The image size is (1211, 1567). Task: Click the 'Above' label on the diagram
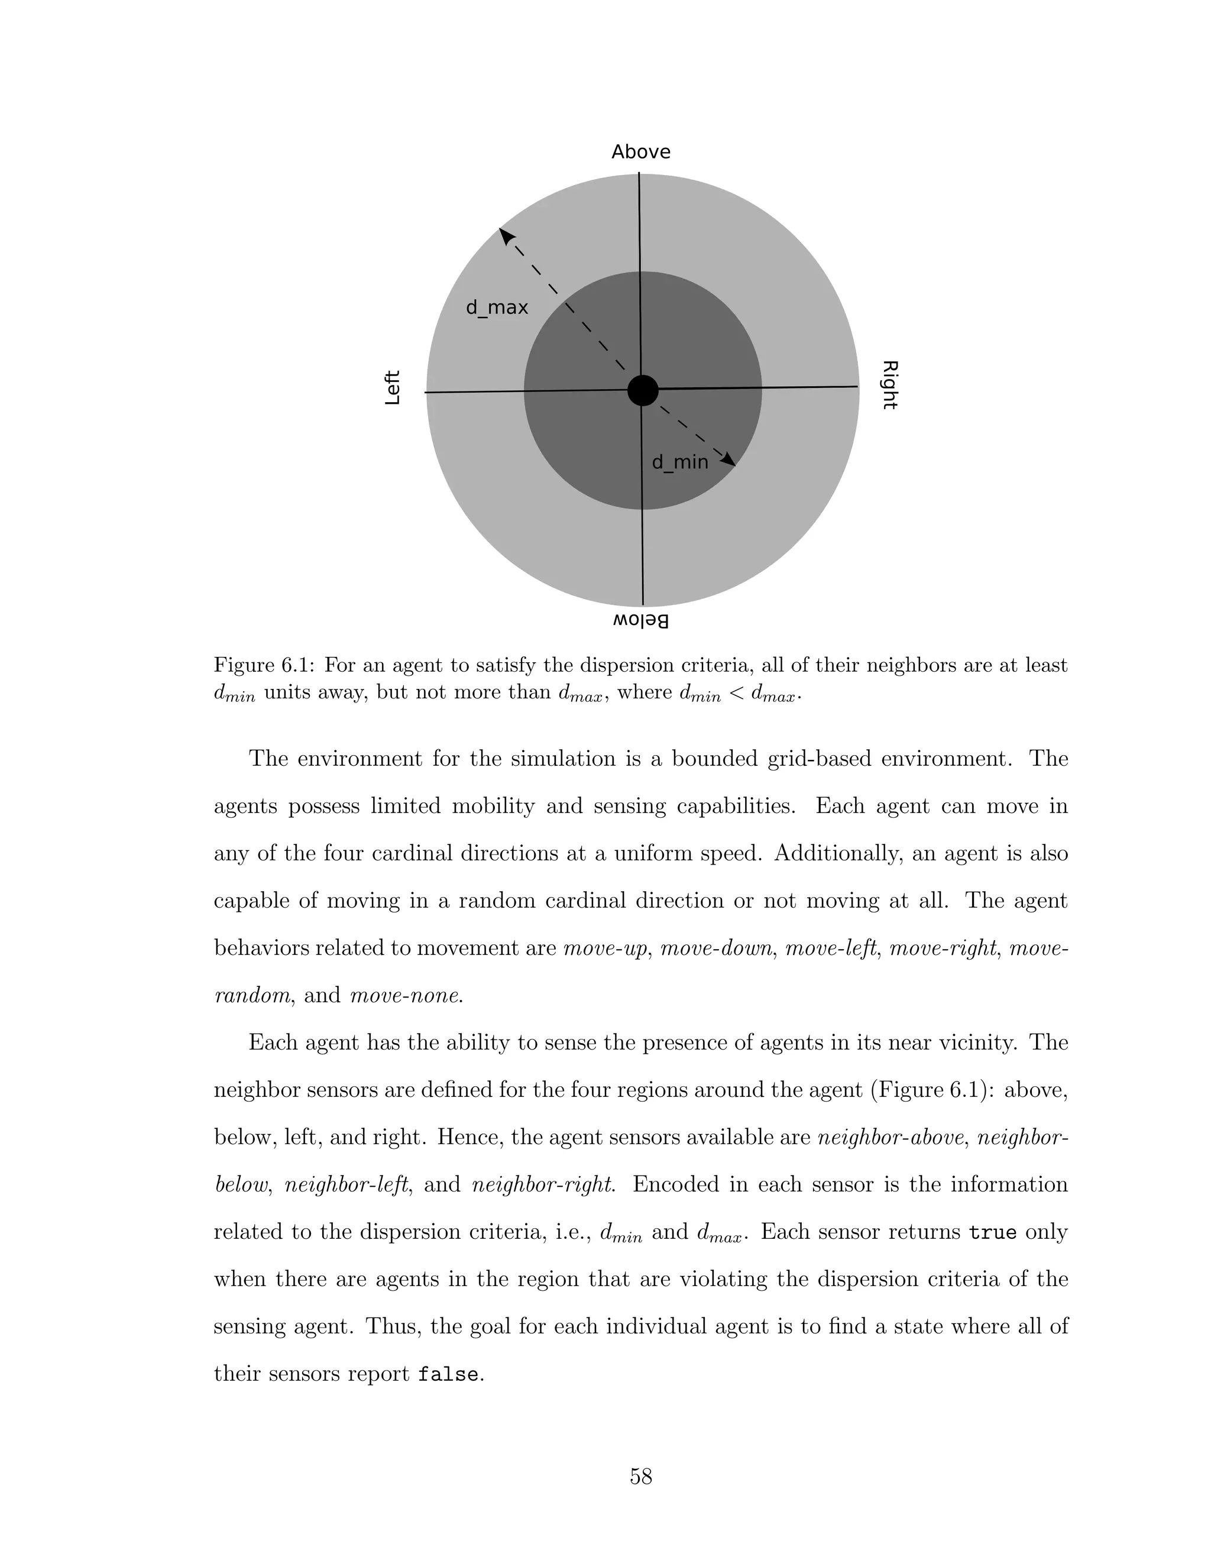(x=640, y=152)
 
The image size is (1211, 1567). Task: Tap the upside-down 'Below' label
(x=640, y=621)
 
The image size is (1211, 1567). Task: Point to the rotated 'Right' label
(x=889, y=386)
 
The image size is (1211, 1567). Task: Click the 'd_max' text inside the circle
(x=497, y=308)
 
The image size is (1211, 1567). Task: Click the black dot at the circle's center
(x=642, y=390)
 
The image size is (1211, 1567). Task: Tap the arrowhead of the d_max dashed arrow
(x=505, y=235)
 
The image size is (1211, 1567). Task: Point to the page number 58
(x=640, y=1476)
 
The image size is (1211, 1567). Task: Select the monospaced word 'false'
(x=448, y=1375)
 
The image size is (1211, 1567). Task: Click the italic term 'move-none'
(x=406, y=996)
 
